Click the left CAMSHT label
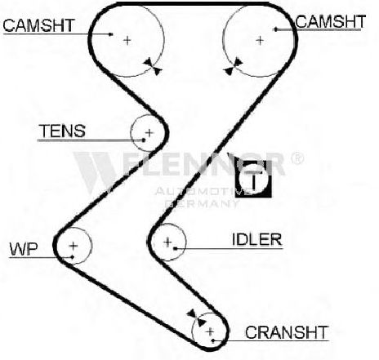(38, 25)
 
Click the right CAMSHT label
(330, 21)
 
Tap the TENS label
(62, 131)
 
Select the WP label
(24, 248)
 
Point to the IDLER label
(257, 240)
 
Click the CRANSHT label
(287, 332)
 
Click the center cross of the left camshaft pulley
(127, 41)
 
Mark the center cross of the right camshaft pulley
(261, 41)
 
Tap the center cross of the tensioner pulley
(149, 133)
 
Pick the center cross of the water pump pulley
(74, 246)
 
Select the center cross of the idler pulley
(167, 242)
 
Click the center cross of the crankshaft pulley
(210, 331)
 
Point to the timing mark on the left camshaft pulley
(153, 66)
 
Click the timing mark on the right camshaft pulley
(233, 66)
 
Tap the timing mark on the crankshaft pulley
(196, 318)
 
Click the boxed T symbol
(253, 178)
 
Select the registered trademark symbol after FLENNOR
(297, 158)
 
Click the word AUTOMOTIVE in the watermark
(203, 191)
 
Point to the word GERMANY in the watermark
(202, 203)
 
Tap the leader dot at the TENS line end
(144, 140)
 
